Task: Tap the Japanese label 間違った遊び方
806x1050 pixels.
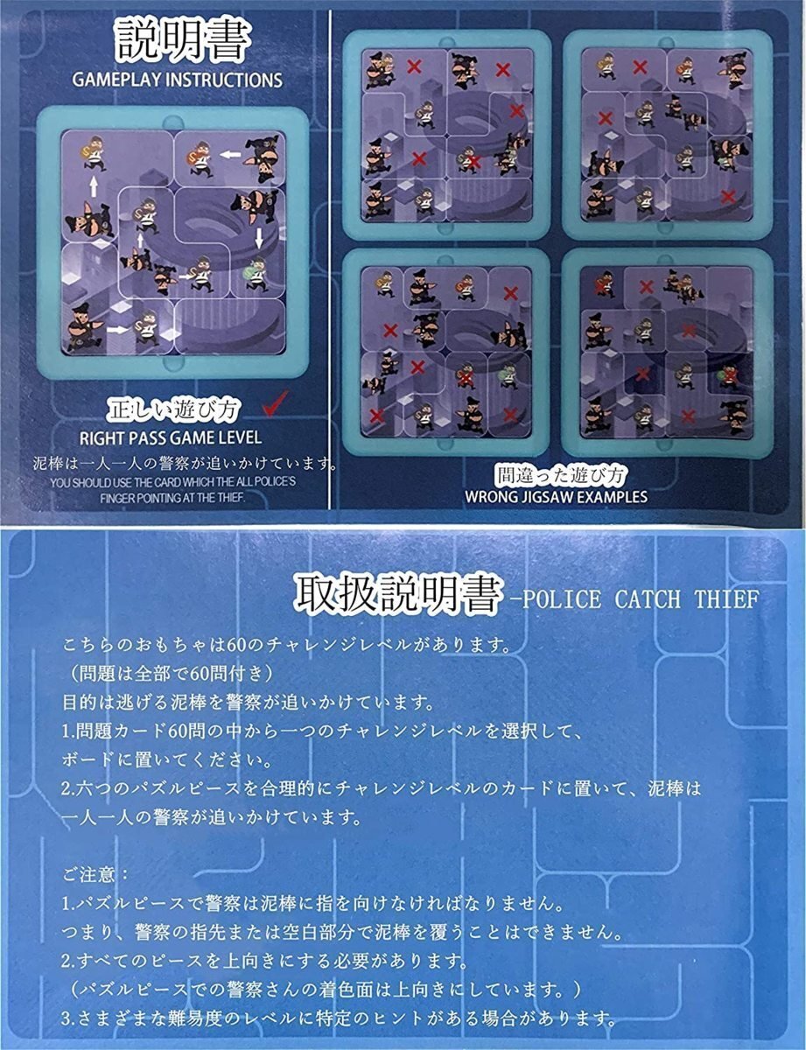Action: coord(561,476)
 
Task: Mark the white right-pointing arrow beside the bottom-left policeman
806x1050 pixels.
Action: coord(118,330)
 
